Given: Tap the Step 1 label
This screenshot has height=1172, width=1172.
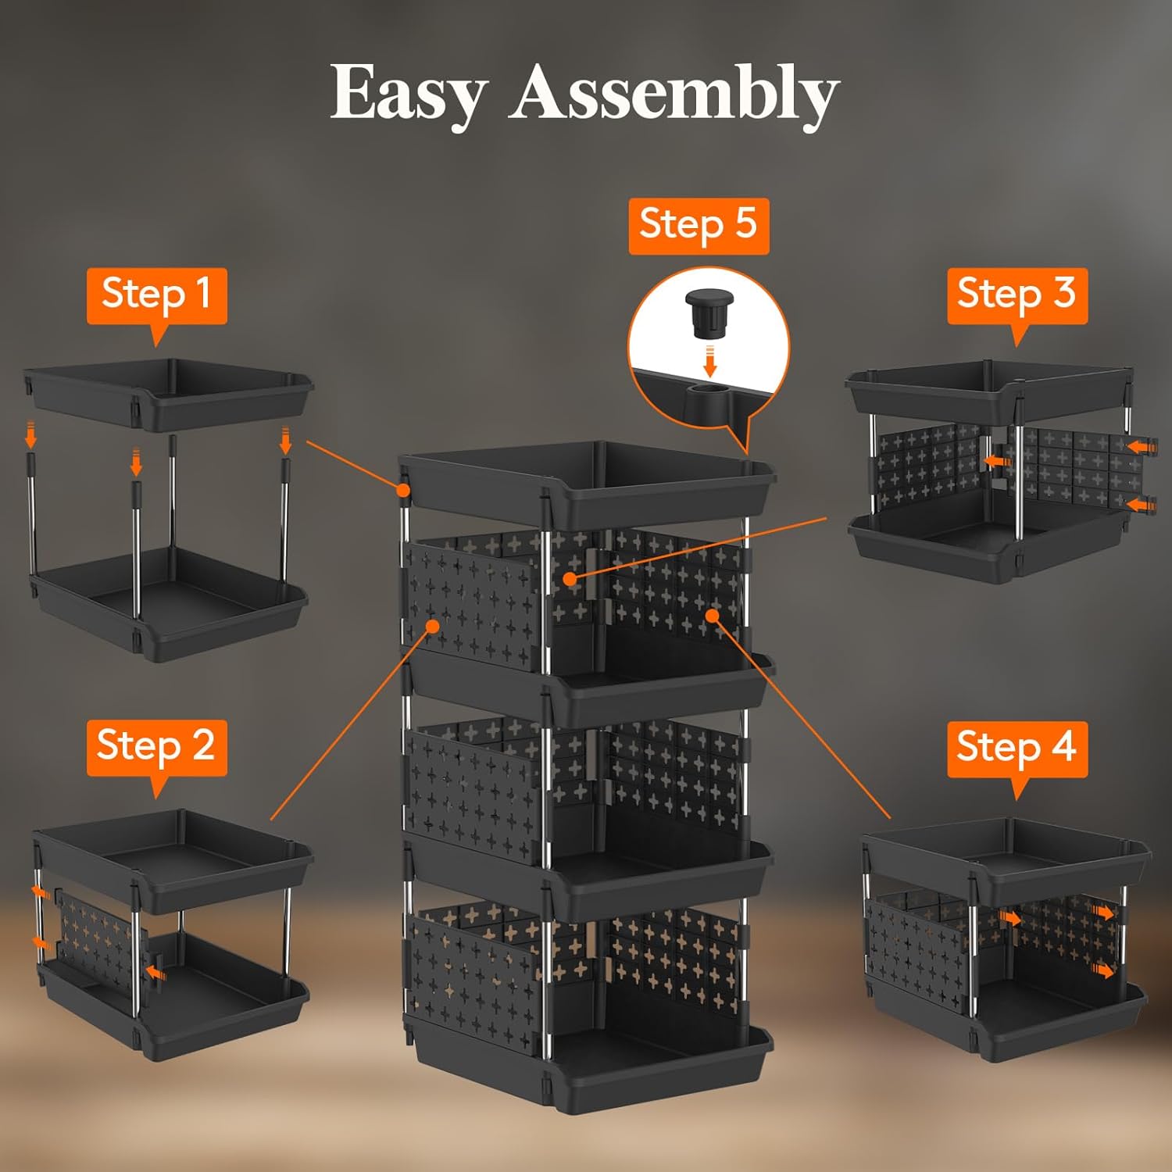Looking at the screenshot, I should coord(156,295).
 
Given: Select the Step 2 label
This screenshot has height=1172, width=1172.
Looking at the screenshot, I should coord(156,747).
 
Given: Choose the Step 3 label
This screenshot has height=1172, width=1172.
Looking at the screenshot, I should coord(1017,295).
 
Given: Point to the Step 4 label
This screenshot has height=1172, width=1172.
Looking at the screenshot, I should coord(1017,749).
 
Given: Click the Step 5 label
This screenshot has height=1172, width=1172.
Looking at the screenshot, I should coord(699,225).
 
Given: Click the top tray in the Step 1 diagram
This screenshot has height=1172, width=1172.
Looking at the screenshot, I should coord(168,395).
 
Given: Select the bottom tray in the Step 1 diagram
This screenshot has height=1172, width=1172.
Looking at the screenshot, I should coord(168,606).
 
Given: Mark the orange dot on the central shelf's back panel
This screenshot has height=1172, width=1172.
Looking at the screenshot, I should coord(571,579).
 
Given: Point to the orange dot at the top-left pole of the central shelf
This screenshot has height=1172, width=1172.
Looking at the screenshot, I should coord(403,490).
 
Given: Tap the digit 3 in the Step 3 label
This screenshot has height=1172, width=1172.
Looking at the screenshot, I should coord(1064,294).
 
